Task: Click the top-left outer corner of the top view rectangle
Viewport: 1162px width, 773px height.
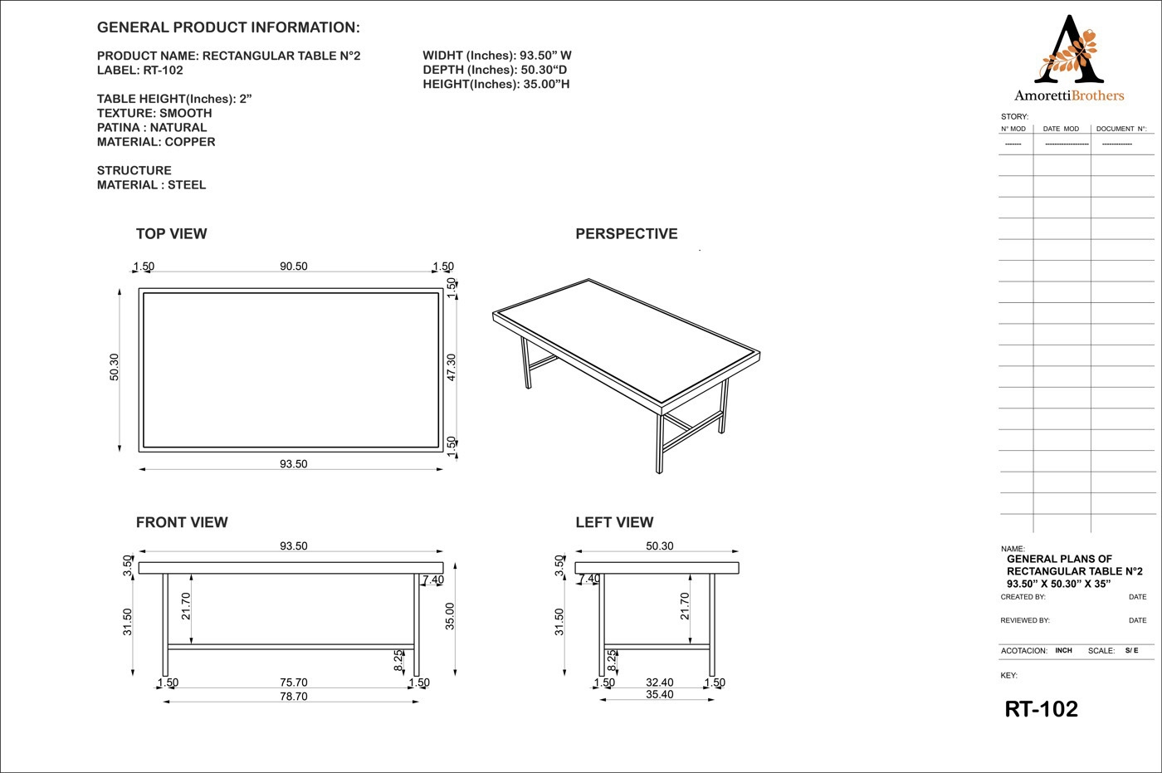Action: tap(139, 288)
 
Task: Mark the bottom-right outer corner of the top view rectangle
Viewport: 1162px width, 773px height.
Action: tap(443, 452)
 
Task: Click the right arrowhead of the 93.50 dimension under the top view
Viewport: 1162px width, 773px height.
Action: tap(440, 469)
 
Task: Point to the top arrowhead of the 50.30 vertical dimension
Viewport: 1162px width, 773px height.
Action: tap(120, 292)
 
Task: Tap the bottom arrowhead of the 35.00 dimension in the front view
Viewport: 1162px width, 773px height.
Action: tap(455, 673)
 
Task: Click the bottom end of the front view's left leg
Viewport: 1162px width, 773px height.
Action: tap(165, 676)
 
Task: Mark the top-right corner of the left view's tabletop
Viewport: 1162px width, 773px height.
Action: tap(739, 562)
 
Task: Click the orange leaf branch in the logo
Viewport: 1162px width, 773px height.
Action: tap(1069, 58)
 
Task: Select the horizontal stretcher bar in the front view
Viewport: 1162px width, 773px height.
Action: tap(291, 647)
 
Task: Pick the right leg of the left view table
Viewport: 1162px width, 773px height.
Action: tap(712, 624)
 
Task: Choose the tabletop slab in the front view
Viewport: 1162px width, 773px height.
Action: tap(291, 568)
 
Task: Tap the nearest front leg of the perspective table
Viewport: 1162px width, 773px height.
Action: tap(660, 443)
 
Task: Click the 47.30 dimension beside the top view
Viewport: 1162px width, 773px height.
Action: tap(452, 367)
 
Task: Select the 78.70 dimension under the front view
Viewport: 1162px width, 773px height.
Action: tap(294, 697)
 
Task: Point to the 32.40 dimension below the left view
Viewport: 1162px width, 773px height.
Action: tap(659, 682)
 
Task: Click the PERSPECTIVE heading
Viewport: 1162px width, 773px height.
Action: tap(626, 234)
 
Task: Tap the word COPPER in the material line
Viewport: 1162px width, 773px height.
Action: tap(190, 142)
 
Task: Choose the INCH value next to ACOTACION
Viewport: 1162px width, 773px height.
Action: tap(1063, 650)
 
